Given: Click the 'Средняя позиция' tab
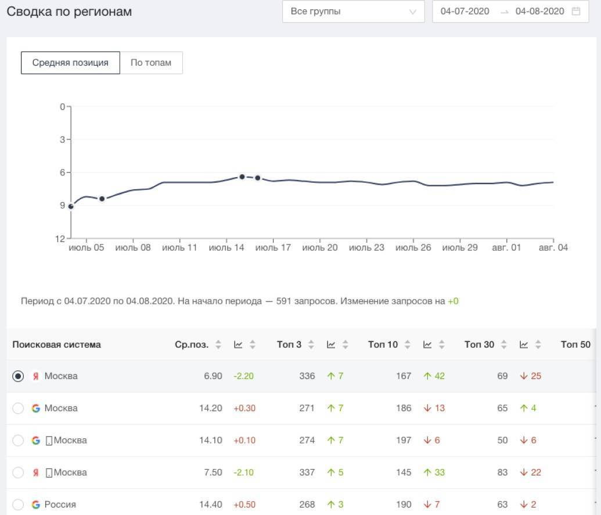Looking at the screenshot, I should (70, 63).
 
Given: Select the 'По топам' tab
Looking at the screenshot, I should (151, 63).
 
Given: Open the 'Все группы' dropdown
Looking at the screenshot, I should (353, 11).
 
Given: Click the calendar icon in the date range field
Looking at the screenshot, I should (576, 11).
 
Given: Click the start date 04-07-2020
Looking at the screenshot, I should (465, 11).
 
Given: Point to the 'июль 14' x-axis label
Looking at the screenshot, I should (226, 248).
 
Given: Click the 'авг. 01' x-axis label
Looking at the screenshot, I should (506, 248).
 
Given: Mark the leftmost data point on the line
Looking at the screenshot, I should (71, 206).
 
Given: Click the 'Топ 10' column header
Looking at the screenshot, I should (383, 344).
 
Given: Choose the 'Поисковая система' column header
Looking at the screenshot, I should (56, 344).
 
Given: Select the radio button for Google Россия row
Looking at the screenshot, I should (18, 505).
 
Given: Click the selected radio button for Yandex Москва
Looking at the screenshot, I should (18, 376).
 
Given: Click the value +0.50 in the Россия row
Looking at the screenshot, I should (244, 505).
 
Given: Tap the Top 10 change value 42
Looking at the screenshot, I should (438, 376).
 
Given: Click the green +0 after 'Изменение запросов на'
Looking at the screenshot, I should (453, 301).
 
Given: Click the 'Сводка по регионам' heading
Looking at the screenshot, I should (69, 12).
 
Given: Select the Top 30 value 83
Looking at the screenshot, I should (502, 473).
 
